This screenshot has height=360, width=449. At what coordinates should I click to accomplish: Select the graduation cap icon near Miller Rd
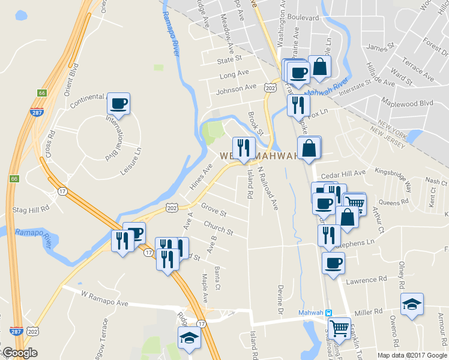tap(412, 304)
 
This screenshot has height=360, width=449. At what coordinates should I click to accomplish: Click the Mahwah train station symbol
tap(328, 313)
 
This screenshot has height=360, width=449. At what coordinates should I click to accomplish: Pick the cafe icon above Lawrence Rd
tap(333, 262)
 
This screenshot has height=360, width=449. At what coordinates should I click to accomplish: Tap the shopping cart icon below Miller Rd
tap(339, 328)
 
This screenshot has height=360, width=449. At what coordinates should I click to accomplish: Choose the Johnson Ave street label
tap(237, 88)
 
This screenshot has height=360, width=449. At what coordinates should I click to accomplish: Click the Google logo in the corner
tap(19, 353)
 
